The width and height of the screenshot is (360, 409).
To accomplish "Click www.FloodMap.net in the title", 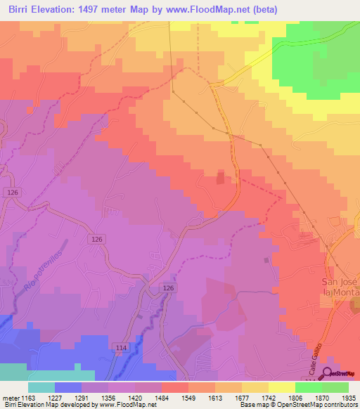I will (x=216, y=9).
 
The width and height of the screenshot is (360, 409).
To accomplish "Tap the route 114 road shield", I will (x=120, y=347).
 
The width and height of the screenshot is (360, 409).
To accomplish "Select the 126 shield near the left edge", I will (x=11, y=193).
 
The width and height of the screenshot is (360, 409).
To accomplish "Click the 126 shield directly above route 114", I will (x=168, y=289).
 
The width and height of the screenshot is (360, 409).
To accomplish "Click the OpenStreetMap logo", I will (x=340, y=374).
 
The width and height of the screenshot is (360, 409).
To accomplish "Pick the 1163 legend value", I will (x=27, y=397).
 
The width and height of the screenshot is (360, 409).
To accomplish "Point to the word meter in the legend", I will (x=10, y=397).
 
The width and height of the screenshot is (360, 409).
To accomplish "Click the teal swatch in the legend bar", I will (x=41, y=387).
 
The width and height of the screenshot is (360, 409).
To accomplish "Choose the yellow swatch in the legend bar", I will (x=281, y=387).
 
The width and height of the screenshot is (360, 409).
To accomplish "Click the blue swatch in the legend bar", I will (x=67, y=387).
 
